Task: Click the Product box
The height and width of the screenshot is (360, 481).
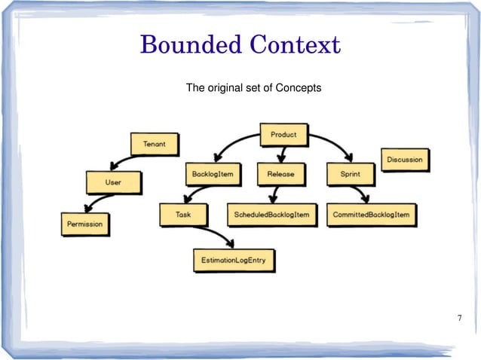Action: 284,136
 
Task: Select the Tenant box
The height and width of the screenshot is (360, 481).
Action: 155,144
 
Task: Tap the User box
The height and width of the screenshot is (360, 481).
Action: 112,182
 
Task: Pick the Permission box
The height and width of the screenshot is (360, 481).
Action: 84,224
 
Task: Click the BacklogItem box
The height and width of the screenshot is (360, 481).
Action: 213,174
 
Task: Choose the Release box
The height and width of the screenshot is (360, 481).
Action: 280,174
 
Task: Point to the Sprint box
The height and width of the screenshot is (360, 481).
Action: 349,174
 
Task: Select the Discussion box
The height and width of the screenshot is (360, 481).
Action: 406,160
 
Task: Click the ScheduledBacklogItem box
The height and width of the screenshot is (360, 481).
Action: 271,215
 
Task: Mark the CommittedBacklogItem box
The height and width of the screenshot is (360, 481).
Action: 372,215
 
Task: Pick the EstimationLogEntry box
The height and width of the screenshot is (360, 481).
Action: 234,260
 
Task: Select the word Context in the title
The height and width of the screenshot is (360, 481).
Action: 296,46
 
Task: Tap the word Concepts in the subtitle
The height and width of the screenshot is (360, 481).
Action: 299,88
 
